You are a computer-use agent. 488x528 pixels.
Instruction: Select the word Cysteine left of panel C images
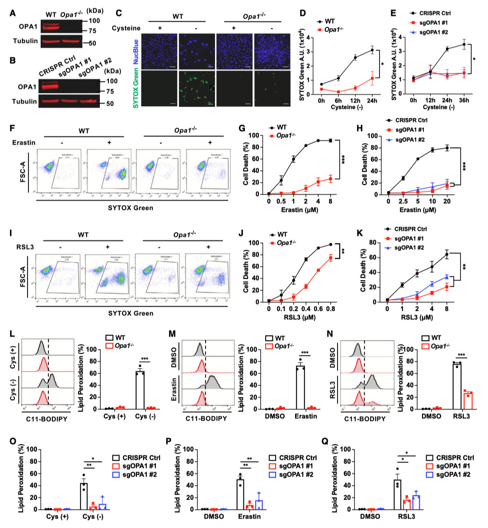[126, 28]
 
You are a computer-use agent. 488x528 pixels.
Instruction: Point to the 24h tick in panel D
[372, 100]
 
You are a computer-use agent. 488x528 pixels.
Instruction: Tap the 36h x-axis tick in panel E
[464, 100]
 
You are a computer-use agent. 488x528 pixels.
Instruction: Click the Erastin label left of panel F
[23, 142]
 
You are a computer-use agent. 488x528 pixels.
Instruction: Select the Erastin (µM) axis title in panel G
[300, 210]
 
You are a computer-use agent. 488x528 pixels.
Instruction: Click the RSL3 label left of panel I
[25, 247]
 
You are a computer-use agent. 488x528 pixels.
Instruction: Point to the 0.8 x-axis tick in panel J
[330, 309]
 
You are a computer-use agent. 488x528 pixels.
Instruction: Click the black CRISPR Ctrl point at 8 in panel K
[447, 254]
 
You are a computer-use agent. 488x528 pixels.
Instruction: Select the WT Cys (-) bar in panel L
[140, 390]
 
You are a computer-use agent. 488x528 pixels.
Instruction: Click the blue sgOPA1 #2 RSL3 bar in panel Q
[416, 502]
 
